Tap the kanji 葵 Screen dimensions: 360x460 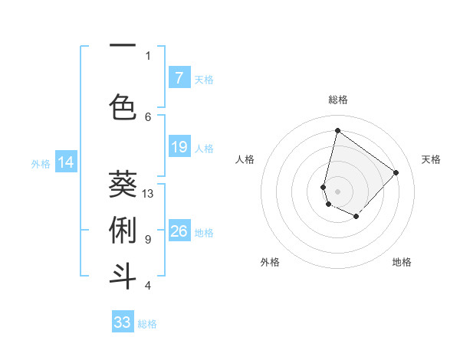123,184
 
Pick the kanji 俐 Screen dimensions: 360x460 123,230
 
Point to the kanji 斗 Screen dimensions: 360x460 123,276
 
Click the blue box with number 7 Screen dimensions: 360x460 179,77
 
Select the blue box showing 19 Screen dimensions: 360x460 179,147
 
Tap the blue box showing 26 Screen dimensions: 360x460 179,231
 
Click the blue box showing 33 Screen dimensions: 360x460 123,322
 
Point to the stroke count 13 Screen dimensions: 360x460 148,194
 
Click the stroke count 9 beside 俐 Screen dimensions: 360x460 148,240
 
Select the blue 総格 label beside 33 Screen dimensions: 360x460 147,323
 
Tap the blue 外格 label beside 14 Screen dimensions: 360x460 41,163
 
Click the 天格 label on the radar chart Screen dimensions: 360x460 432,159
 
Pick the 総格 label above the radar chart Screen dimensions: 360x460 338,100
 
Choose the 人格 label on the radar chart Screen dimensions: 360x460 245,159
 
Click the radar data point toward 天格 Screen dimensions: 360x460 396,172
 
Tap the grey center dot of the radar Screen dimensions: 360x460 337,191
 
